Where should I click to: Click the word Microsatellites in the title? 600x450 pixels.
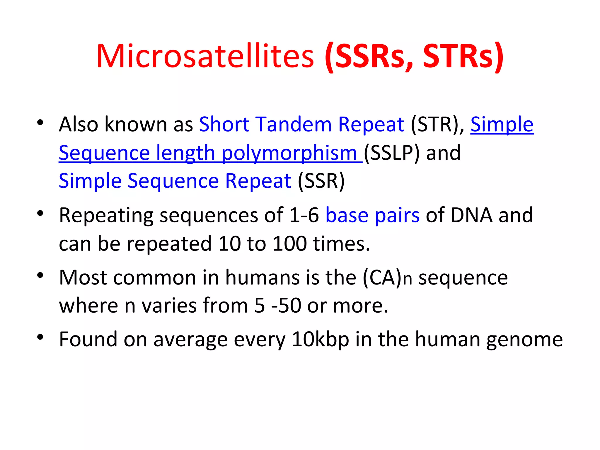pyautogui.click(x=205, y=56)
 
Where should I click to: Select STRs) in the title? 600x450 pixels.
pyautogui.click(x=463, y=56)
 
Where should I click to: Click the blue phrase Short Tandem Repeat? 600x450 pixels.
pyautogui.click(x=301, y=124)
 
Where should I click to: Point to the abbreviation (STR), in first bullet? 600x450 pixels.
pyautogui.click(x=437, y=124)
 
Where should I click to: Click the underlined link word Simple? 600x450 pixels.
pyautogui.click(x=502, y=124)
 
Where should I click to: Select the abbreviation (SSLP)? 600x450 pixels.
pyautogui.click(x=392, y=153)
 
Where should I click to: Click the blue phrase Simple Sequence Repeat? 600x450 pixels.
pyautogui.click(x=175, y=181)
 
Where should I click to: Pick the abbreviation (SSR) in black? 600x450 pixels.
pyautogui.click(x=321, y=181)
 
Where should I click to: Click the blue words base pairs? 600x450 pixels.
pyautogui.click(x=372, y=215)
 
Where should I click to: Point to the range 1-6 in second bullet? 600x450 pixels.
pyautogui.click(x=304, y=215)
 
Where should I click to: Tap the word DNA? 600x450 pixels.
pyautogui.click(x=471, y=215)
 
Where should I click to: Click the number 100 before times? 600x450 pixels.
pyautogui.click(x=290, y=243)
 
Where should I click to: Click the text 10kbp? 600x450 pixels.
pyautogui.click(x=320, y=339)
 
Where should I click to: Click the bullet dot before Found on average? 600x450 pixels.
pyautogui.click(x=40, y=337)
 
